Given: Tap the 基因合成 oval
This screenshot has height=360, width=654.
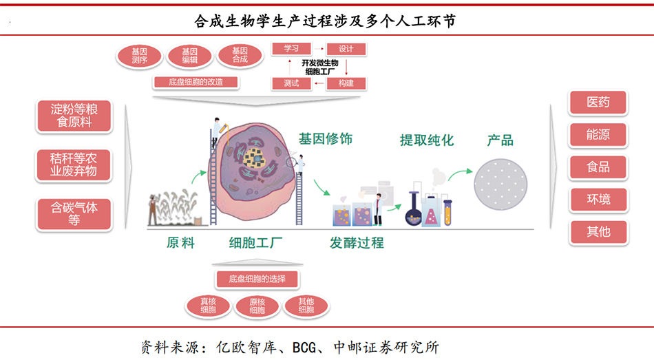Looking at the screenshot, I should (x=240, y=56).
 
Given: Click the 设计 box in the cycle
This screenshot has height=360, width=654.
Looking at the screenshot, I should (x=346, y=49).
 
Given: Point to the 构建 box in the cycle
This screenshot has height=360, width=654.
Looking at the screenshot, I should (x=346, y=83).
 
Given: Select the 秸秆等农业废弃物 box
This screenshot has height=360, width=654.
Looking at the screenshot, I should (x=74, y=165).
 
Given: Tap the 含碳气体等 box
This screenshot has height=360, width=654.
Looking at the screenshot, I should (x=74, y=213).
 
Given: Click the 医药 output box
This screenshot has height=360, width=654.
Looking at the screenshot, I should (x=598, y=103).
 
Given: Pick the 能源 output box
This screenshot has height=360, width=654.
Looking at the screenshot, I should (x=598, y=135).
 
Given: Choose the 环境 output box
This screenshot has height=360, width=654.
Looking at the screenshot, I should (x=598, y=200).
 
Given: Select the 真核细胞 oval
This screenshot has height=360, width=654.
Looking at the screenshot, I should (x=208, y=306).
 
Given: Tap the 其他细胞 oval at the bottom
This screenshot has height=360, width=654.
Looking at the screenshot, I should (x=306, y=306).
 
